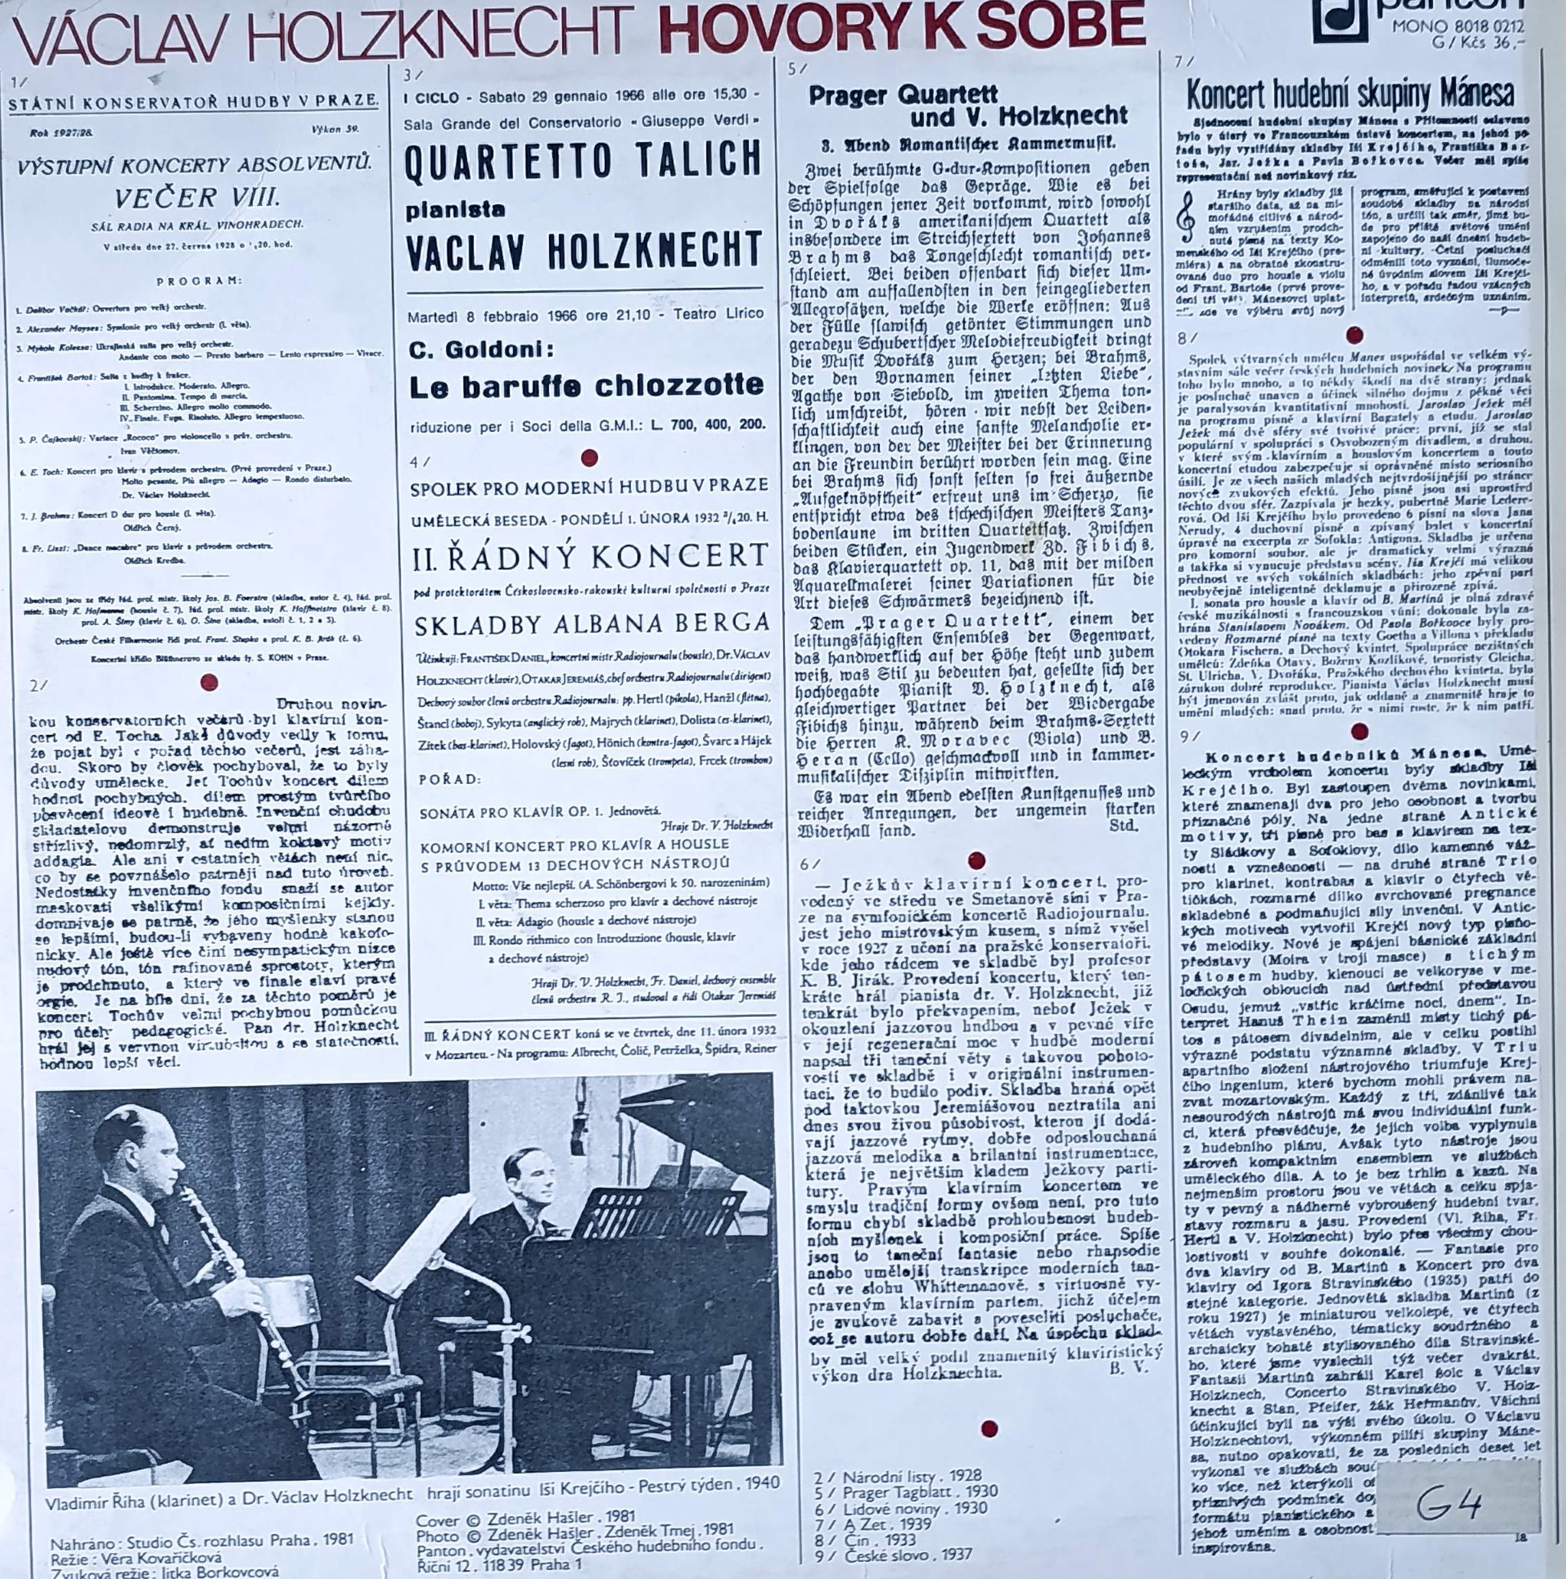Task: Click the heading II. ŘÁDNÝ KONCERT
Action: click(591, 557)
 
